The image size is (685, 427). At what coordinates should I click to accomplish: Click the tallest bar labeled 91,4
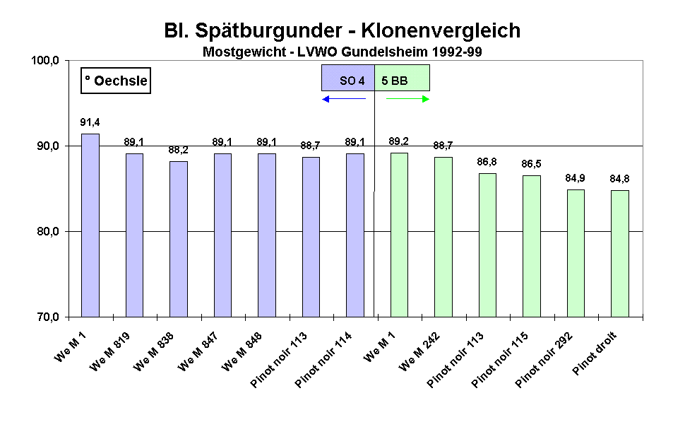point(90,225)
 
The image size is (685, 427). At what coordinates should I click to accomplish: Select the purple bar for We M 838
point(179,239)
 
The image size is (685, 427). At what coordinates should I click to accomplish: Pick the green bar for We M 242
point(443,237)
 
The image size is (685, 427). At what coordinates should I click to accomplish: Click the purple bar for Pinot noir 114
point(355,235)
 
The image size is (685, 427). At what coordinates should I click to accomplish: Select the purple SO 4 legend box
point(347,78)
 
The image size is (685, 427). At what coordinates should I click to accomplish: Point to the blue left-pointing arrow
point(344,99)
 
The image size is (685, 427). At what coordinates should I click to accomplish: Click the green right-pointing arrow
point(408,99)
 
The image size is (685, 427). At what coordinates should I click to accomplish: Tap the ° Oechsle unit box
point(116,81)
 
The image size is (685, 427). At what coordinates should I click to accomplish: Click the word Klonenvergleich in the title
point(441,31)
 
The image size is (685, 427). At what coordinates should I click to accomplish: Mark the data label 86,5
point(531,164)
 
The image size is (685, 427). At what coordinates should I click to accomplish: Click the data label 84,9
point(576,177)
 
